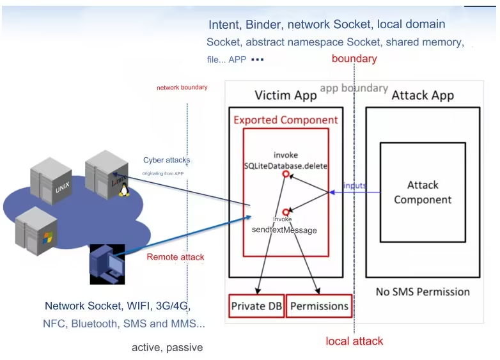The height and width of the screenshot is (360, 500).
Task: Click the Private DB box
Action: click(x=257, y=306)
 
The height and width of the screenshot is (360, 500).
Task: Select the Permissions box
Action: click(x=319, y=306)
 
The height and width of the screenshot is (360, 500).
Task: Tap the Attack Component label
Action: click(x=423, y=192)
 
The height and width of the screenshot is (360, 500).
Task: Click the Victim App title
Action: click(x=285, y=96)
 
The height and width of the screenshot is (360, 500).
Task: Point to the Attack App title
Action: click(x=422, y=96)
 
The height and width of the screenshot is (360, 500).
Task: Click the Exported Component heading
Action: click(x=285, y=120)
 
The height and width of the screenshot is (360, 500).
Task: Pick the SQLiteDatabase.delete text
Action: click(x=286, y=166)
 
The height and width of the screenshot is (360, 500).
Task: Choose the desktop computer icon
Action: click(x=106, y=263)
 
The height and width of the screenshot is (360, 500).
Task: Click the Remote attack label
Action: click(x=175, y=257)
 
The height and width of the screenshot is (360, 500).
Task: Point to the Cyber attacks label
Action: click(x=166, y=160)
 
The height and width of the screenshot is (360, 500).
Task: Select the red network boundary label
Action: click(x=182, y=88)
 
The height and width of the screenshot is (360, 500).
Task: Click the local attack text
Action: click(x=354, y=341)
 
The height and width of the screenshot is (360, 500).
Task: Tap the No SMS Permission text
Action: click(x=423, y=292)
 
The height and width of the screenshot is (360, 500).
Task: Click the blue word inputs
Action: click(x=355, y=185)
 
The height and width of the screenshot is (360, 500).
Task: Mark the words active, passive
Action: click(x=167, y=348)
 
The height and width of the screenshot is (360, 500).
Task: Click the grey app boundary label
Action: click(x=354, y=88)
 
